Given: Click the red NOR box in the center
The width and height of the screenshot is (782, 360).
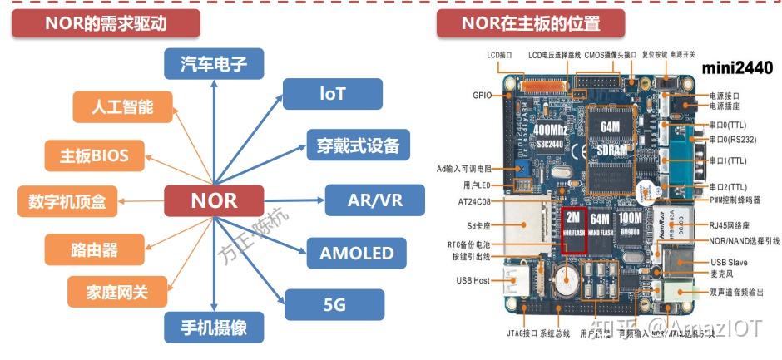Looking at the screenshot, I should (x=214, y=200).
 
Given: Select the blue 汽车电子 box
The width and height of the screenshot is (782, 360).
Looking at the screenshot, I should (x=213, y=63).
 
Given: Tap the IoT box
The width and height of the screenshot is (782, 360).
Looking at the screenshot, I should (x=332, y=94).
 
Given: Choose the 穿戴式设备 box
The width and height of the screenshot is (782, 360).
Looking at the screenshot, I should (x=358, y=146).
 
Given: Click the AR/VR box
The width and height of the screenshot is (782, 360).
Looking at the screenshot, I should (x=374, y=200).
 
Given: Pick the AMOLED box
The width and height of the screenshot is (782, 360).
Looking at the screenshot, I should (x=357, y=253).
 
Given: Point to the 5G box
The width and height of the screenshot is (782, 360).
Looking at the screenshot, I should (x=334, y=305).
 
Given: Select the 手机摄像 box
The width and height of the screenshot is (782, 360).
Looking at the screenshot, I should (x=214, y=327).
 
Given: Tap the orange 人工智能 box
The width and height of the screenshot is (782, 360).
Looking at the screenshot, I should (x=123, y=106).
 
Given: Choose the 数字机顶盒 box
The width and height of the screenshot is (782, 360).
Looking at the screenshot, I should (x=67, y=200).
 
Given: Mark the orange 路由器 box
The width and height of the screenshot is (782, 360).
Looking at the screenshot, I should (x=93, y=249).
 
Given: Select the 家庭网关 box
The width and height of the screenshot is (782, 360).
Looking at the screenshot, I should (x=117, y=292).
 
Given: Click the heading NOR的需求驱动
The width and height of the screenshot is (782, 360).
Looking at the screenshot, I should (x=106, y=23).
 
